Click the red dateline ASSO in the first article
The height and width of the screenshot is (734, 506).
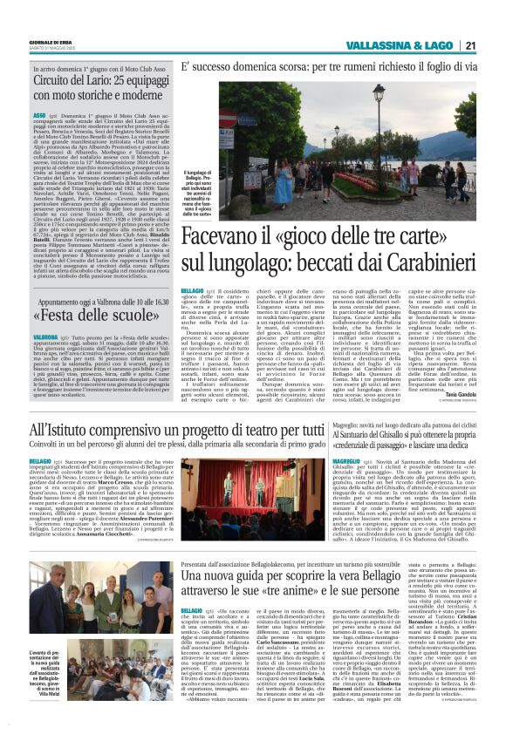click(39, 115)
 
